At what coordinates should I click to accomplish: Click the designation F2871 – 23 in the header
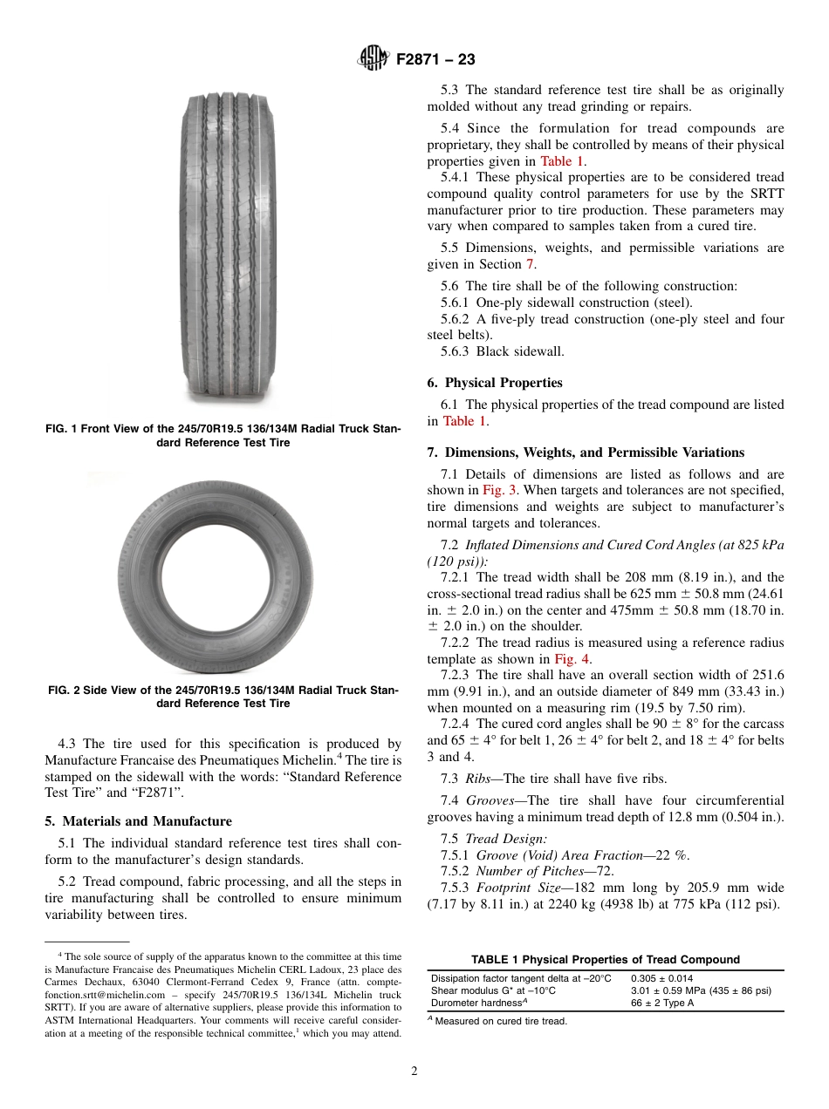pos(435,59)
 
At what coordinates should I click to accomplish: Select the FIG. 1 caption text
pos(223,436)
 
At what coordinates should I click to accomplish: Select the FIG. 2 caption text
pos(223,697)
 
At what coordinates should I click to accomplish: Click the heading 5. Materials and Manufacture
pos(138,821)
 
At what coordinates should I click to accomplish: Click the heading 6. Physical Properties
pos(495,383)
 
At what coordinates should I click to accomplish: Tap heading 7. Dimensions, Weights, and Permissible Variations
pos(586,452)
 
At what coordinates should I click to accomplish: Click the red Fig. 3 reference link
pos(499,491)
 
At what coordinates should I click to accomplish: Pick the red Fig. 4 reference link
pos(572,659)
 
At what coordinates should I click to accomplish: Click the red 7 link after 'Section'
pos(529,264)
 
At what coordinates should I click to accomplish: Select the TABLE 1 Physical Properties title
pos(605,960)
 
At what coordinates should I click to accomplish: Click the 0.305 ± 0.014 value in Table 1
pos(661,978)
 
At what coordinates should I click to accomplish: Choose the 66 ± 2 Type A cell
pos(662,1003)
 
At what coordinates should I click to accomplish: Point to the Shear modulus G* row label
pos(493,990)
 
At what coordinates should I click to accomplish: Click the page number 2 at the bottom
pos(414,1072)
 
